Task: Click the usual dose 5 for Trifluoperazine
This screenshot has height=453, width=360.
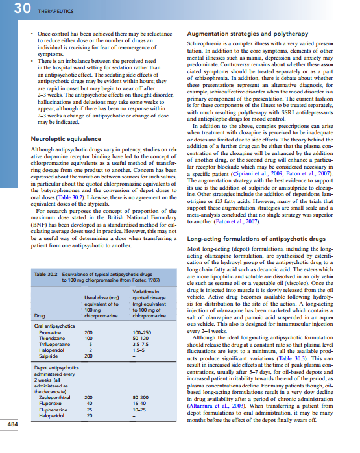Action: [88, 343]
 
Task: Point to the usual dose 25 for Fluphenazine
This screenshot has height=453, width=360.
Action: [88, 408]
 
